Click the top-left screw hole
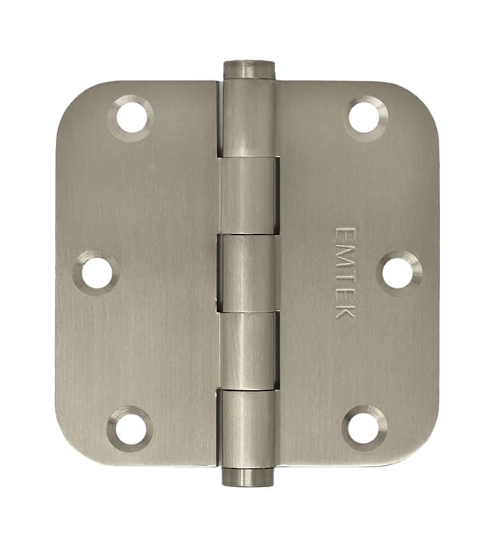[x=131, y=117]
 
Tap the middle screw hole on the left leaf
[x=97, y=272]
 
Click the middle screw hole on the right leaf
[x=398, y=272]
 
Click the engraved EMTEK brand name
[x=345, y=271]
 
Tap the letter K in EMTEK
[x=345, y=311]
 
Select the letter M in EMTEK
[x=345, y=251]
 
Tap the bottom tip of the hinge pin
[x=248, y=477]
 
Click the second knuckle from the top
[x=249, y=195]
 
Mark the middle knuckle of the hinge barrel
[x=248, y=272]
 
